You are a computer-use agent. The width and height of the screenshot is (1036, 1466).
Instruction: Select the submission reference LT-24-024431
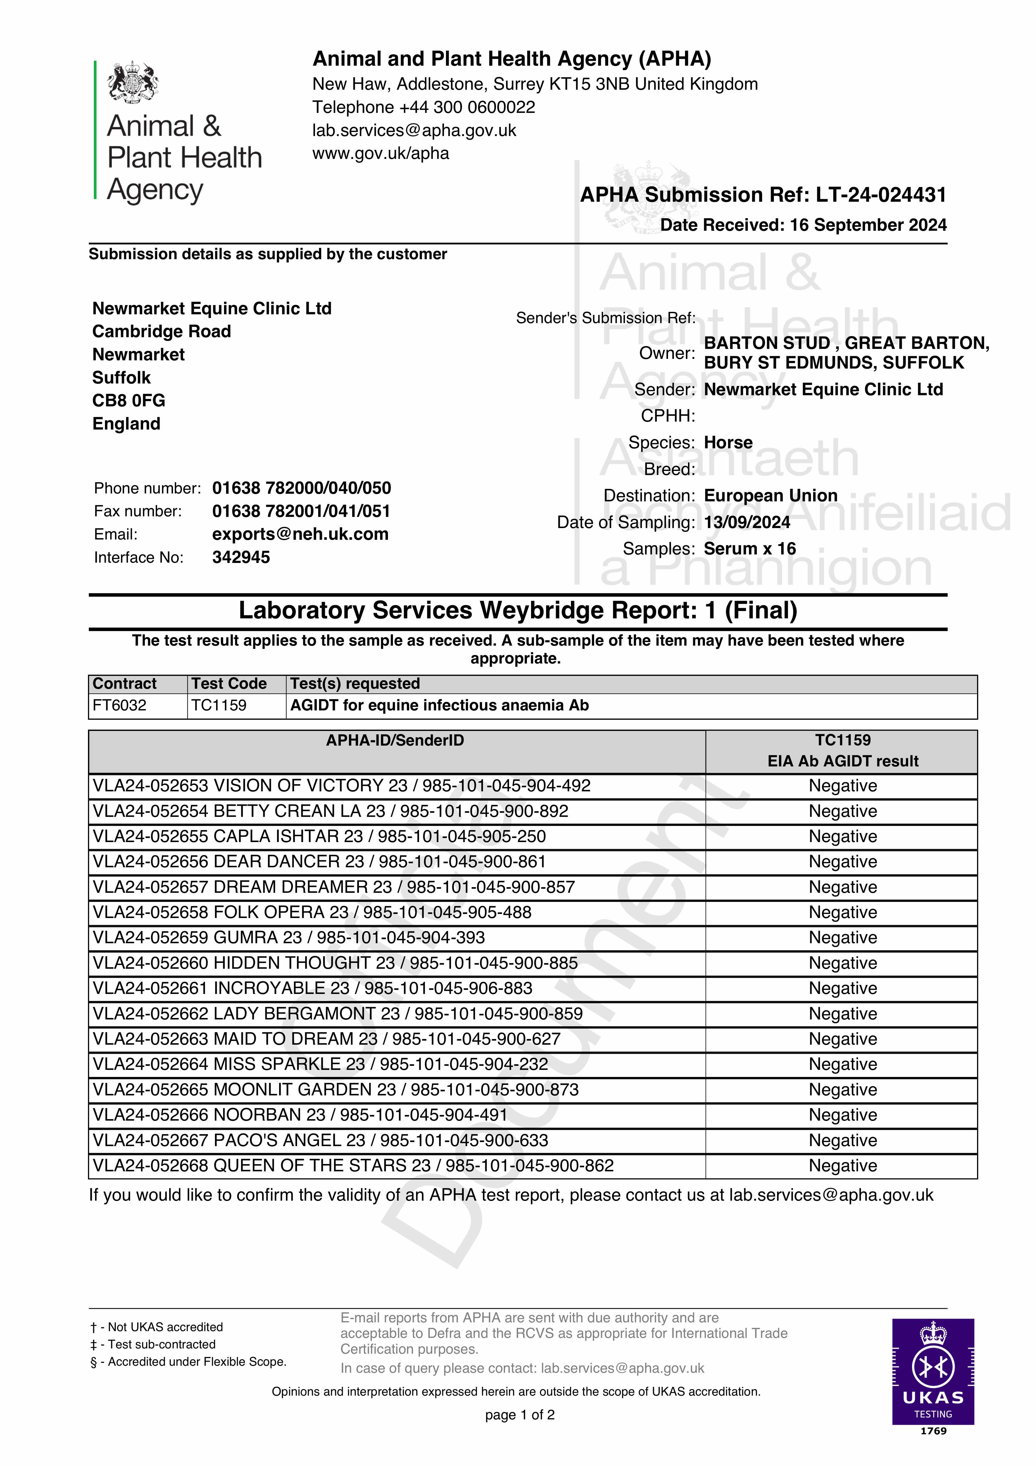(x=881, y=195)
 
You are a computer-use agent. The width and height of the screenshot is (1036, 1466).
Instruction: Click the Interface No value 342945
(x=241, y=557)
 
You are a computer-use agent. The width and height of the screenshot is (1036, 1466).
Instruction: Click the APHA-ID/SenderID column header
(x=395, y=741)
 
